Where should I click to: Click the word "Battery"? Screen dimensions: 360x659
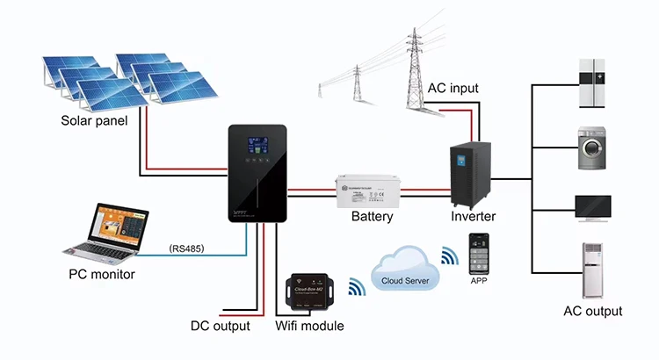tap(372, 217)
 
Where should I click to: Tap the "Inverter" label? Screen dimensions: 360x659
tap(474, 217)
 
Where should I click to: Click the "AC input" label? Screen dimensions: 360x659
tap(453, 90)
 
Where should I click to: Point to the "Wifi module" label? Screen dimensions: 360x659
tap(310, 327)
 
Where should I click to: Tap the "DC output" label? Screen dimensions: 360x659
tap(221, 327)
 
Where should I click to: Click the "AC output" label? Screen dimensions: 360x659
tap(592, 312)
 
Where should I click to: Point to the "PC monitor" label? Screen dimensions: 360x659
tap(101, 275)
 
